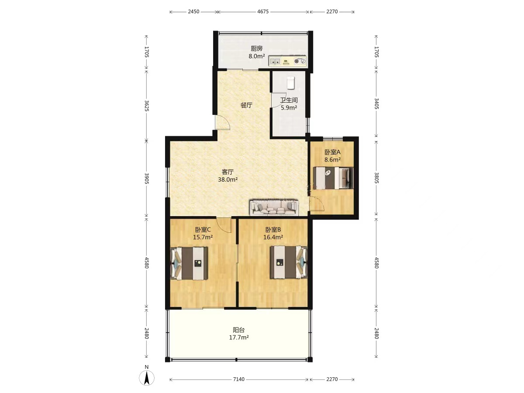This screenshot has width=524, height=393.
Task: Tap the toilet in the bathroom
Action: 290,83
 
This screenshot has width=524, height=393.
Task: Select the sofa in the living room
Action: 274,207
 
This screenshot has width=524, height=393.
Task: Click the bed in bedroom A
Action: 333,178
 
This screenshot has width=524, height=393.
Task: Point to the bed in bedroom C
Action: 189,263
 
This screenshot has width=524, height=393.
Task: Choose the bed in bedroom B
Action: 289,262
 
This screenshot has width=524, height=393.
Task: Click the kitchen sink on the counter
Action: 275,61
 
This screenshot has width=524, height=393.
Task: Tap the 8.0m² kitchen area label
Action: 257,56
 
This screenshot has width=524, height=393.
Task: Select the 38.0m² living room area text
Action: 228,179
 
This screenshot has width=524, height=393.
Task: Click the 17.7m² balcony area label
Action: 239,338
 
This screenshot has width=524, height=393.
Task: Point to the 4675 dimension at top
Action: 263,12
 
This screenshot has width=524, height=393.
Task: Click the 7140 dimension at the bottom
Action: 238,379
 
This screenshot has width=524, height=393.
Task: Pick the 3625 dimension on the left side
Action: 147,106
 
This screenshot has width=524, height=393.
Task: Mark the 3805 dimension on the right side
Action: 376,178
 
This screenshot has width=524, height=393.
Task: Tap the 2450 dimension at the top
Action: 193,12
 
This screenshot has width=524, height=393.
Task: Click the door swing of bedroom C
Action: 224,226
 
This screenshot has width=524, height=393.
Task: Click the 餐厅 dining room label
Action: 246,105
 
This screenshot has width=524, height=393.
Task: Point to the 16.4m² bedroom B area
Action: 273,237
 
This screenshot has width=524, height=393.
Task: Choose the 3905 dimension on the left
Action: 147,179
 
